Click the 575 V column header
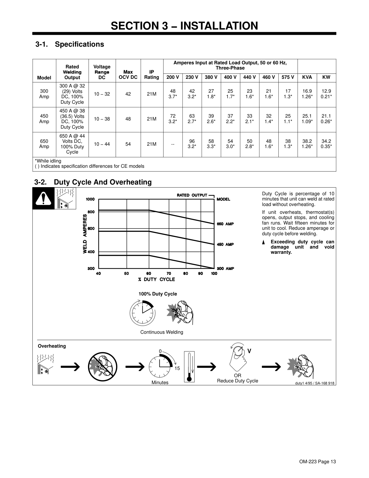(288, 77)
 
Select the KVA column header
(307, 77)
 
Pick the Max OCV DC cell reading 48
(128, 119)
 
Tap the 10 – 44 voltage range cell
(102, 144)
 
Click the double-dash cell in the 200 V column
(172, 144)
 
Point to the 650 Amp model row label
(44, 144)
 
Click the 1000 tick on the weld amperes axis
(90, 199)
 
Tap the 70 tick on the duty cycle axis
(169, 273)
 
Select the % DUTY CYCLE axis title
(157, 279)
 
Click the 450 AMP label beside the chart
(225, 245)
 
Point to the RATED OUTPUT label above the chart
(192, 195)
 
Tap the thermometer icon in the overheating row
(189, 366)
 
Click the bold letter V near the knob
(249, 351)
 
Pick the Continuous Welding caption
(161, 332)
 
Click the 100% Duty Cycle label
(158, 294)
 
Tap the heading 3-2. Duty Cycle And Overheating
(93, 182)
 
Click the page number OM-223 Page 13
(317, 462)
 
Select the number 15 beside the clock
(177, 368)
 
